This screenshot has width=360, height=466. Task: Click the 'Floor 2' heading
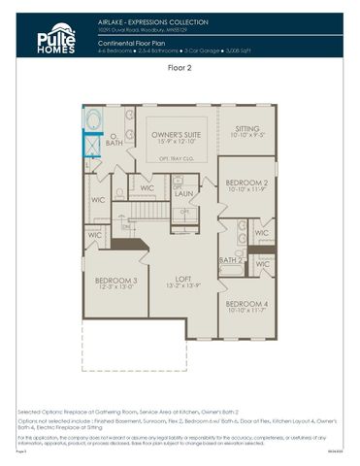click(180, 69)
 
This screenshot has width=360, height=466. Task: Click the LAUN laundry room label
click(184, 194)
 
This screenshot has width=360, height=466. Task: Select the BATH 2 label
click(230, 260)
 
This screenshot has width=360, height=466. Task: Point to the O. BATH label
click(114, 140)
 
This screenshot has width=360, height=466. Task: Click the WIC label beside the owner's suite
click(147, 187)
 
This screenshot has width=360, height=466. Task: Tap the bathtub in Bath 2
click(231, 271)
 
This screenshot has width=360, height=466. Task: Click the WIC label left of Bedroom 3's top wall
click(93, 234)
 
